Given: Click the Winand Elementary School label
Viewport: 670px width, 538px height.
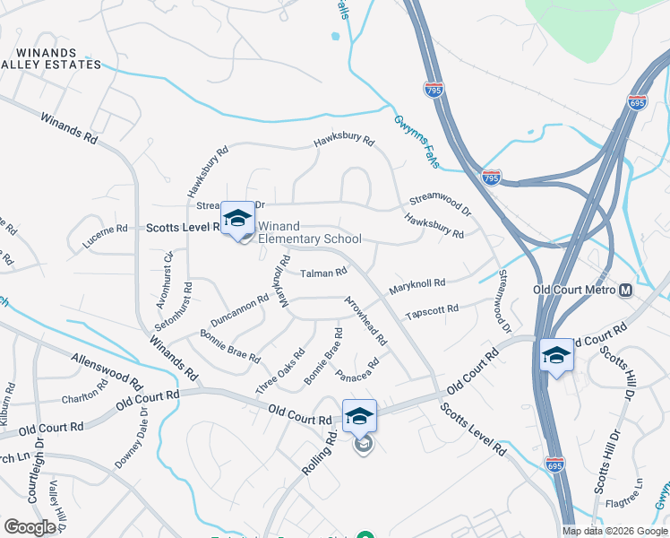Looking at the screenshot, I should point(310,232).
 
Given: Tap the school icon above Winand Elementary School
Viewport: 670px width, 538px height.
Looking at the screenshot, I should point(237,218).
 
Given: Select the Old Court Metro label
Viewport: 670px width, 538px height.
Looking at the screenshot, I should point(574,291).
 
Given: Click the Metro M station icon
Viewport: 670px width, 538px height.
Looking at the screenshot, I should point(625,291).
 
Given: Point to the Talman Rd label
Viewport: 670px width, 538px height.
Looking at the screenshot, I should point(323,273).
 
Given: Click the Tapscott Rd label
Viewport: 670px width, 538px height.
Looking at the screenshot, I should point(432,311).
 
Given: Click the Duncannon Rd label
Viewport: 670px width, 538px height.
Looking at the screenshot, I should point(239,310).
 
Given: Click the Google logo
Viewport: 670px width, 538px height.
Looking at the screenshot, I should point(30,527).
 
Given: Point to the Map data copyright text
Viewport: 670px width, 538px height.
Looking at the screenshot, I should point(614,531).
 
